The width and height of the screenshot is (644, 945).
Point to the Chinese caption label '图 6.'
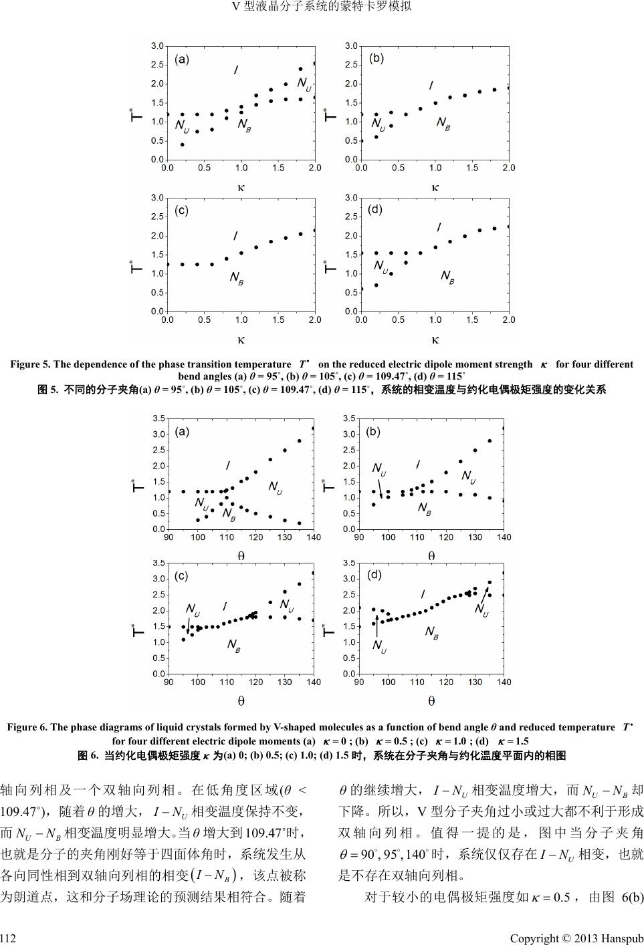tap(89, 756)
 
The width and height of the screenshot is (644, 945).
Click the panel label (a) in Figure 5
tap(182, 59)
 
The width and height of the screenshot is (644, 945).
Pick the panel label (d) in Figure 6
tap(374, 574)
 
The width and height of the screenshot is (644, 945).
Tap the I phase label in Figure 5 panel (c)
tap(235, 236)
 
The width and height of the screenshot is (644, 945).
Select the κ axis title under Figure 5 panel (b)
tap(435, 188)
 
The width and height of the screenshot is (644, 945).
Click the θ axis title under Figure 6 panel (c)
tap(241, 701)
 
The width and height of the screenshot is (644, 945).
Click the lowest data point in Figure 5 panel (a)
tap(182, 144)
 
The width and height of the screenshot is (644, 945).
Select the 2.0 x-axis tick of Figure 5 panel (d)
tap(508, 320)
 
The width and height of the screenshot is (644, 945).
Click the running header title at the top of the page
tap(322, 7)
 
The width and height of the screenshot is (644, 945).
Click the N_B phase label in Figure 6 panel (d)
tap(432, 632)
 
